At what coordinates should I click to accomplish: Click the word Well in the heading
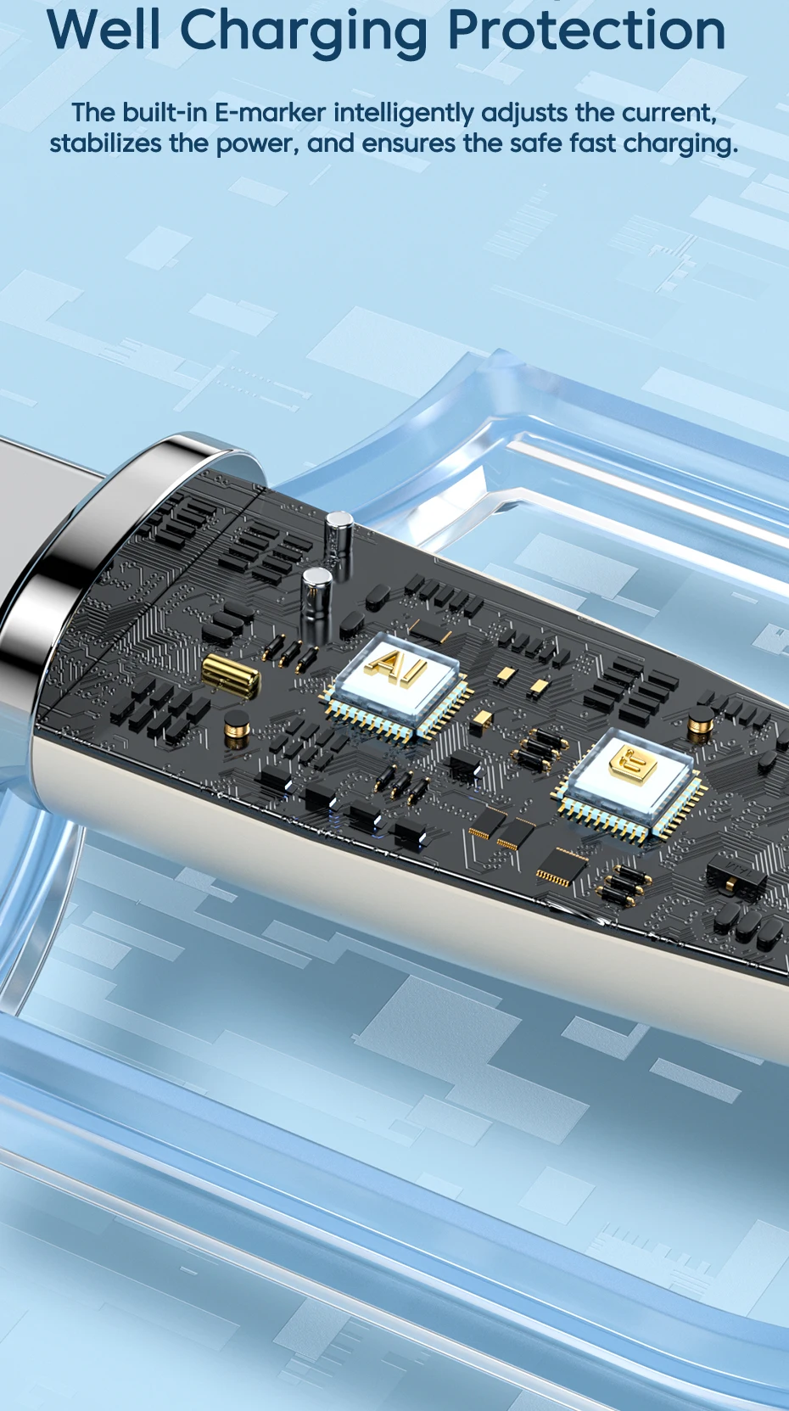click(x=104, y=30)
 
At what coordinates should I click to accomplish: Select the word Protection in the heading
click(x=587, y=30)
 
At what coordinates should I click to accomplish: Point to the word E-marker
click(x=271, y=113)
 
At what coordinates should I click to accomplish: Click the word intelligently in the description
click(x=404, y=115)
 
